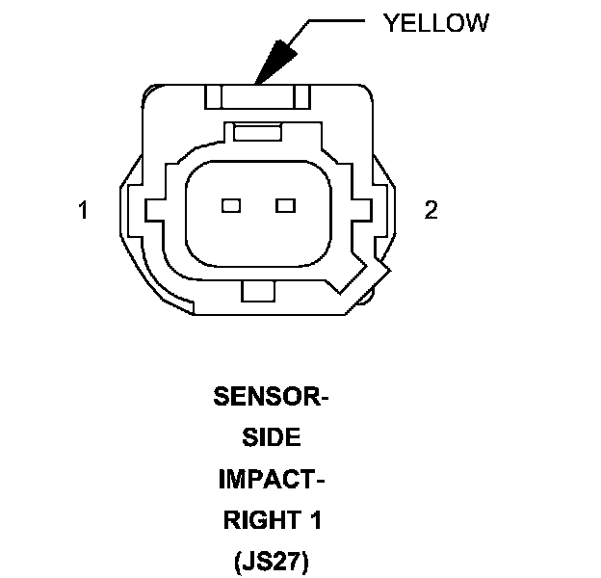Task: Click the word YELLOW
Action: [x=435, y=23]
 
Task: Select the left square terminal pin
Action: [x=230, y=205]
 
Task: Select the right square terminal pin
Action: [x=284, y=205]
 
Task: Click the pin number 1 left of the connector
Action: [x=84, y=210]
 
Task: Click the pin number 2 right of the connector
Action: [x=431, y=210]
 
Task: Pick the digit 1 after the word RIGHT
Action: [x=316, y=521]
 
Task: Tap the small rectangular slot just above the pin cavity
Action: [x=257, y=133]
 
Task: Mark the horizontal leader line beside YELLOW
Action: [x=337, y=22]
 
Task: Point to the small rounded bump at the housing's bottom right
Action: [x=368, y=301]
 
